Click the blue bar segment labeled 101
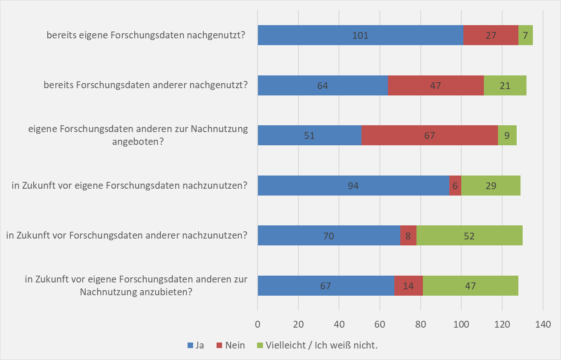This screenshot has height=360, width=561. click(360, 35)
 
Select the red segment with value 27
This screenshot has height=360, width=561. click(491, 35)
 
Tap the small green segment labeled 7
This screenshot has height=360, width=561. click(526, 35)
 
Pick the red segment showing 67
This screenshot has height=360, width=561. click(429, 135)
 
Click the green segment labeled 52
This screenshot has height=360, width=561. click(469, 236)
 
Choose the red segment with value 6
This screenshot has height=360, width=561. click(455, 185)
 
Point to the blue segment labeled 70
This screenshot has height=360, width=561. click(329, 236)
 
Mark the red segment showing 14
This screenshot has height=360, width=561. click(408, 285)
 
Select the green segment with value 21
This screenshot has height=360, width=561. click(505, 85)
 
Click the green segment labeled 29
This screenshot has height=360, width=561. click(491, 185)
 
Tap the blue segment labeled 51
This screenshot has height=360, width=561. click(309, 135)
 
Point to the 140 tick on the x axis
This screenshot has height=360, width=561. click(543, 324)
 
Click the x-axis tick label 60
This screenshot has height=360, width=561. click(380, 324)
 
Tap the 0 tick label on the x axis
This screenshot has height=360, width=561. click(257, 324)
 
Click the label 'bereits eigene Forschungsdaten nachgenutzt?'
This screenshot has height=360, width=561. click(146, 35)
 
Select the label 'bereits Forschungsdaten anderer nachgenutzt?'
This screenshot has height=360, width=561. click(146, 85)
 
